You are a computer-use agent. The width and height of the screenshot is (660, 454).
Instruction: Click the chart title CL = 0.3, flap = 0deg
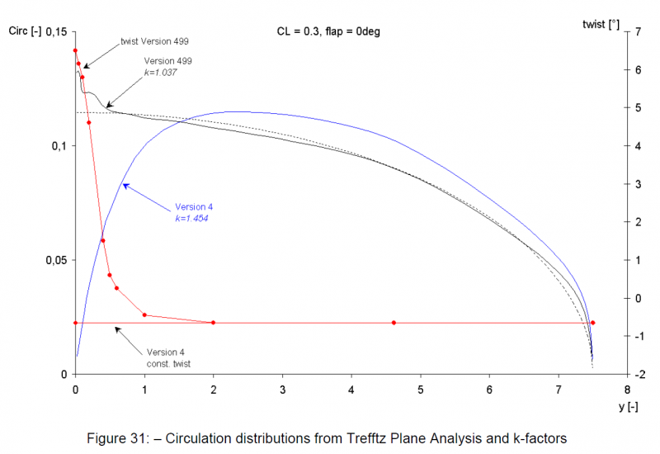[x=328, y=31]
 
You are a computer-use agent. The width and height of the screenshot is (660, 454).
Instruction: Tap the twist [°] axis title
[x=601, y=24]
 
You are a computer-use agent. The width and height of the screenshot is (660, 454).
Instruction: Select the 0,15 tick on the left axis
[x=54, y=31]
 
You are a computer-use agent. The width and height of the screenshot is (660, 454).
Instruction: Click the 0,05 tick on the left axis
[x=54, y=260]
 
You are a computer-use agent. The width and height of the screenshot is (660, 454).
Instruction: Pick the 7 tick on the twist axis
[x=637, y=31]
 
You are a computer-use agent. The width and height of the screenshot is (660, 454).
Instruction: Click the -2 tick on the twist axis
[x=636, y=374]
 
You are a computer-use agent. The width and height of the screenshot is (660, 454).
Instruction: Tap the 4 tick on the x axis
[x=351, y=389]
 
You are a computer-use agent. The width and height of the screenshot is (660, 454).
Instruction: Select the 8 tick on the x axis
[x=628, y=389]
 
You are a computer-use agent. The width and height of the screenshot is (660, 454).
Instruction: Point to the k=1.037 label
[x=162, y=73]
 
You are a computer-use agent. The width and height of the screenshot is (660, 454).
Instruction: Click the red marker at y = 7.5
[x=592, y=323]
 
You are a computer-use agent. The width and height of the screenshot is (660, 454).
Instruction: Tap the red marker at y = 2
[x=214, y=323]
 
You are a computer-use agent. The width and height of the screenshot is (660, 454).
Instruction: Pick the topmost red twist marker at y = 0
[x=75, y=50]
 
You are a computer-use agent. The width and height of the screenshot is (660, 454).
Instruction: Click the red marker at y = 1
[x=144, y=314]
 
